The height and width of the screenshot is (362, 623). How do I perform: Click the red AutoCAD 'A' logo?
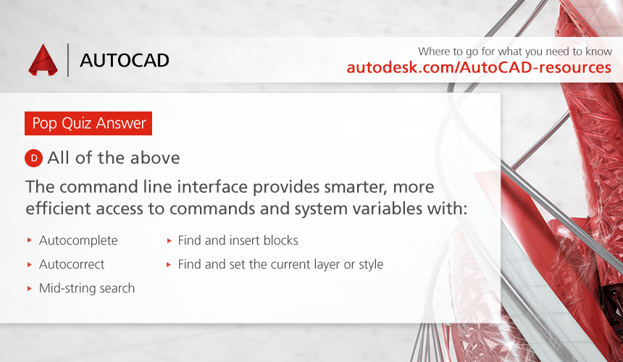click(43, 60)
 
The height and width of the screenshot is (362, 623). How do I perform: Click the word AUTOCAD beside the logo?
click(125, 60)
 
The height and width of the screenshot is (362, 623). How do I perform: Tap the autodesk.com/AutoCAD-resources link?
click(479, 67)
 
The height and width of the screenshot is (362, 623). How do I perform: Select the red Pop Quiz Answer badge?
click(88, 124)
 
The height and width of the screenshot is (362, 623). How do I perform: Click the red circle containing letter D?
click(34, 159)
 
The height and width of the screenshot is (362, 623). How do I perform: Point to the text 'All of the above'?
click(114, 158)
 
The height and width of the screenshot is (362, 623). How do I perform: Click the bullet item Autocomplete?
click(78, 240)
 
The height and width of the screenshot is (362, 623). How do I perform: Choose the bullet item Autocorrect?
click(72, 264)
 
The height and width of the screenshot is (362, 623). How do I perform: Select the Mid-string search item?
click(87, 288)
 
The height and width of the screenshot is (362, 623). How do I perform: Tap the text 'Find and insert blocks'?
click(238, 240)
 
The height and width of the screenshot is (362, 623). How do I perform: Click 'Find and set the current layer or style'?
click(280, 264)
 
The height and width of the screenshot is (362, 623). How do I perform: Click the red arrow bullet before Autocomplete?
click(30, 240)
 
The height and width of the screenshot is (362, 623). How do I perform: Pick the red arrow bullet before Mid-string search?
click(30, 289)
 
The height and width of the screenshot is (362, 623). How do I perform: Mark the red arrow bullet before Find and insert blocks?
click(170, 240)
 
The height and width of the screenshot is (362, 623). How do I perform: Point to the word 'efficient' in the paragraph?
click(58, 209)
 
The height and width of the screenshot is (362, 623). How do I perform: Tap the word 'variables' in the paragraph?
click(386, 209)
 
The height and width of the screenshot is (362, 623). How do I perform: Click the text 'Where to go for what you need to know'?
click(515, 51)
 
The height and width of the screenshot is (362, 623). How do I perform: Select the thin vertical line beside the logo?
click(68, 60)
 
